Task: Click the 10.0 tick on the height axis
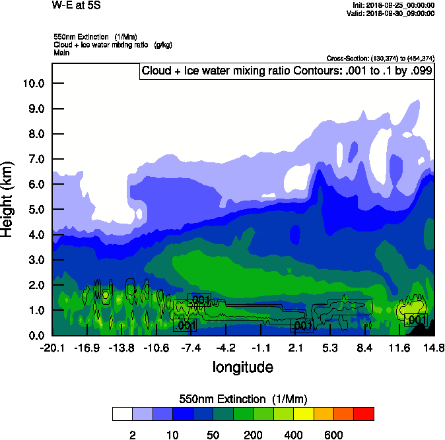pos(33,83)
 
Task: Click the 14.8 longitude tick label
pos(434,348)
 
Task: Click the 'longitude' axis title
pos(242,367)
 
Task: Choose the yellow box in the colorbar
pos(303,414)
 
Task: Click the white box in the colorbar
pos(122,414)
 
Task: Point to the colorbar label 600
pos(333,435)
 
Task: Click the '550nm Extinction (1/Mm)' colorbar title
pos(243,399)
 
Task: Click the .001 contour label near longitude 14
pos(416,320)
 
